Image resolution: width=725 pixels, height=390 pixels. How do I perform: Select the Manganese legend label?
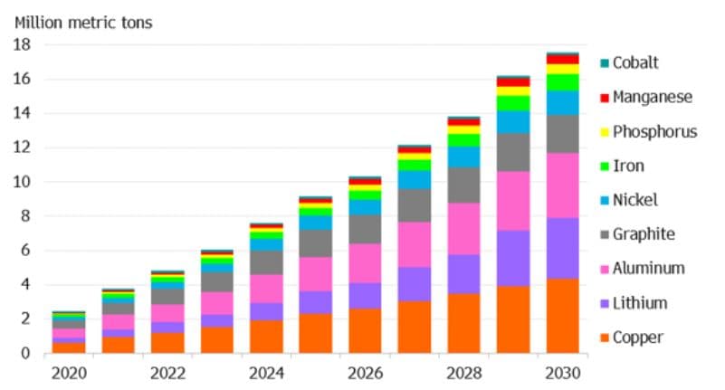point(652,97)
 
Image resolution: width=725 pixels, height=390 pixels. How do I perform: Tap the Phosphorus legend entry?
point(654,131)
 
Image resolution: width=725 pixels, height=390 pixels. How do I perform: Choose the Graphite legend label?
point(643,234)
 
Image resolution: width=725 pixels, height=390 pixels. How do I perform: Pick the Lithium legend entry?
point(639,303)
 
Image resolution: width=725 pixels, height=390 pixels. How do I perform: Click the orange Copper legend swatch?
point(604,338)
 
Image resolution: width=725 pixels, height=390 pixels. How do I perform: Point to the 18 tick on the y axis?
point(23,44)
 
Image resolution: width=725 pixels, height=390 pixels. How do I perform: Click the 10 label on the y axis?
point(23,182)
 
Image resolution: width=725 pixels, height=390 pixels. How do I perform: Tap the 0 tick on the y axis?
point(27,354)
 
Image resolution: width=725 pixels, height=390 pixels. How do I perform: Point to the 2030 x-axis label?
point(563,373)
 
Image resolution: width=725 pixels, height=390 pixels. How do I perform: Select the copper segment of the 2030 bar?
point(563,316)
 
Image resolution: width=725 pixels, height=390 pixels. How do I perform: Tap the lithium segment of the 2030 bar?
point(563,248)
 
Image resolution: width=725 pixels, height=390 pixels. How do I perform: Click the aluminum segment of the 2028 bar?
point(463,228)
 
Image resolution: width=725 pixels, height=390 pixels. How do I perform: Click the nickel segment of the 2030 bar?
point(563,102)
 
